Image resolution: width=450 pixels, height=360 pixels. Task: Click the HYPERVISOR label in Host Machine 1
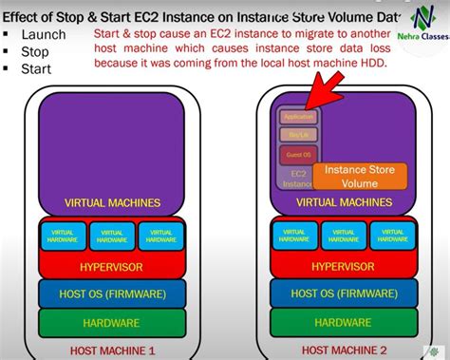point(112,268)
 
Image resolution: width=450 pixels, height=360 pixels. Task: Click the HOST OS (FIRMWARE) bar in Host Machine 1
point(112,294)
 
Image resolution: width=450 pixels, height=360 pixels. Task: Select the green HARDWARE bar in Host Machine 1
point(112,323)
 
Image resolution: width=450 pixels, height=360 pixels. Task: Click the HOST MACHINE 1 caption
point(112,350)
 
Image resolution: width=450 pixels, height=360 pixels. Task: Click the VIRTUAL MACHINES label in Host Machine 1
point(112,202)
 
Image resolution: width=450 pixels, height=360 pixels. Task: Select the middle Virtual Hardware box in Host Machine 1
point(112,236)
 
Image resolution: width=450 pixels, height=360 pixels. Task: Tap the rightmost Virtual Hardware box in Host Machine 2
point(390,236)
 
